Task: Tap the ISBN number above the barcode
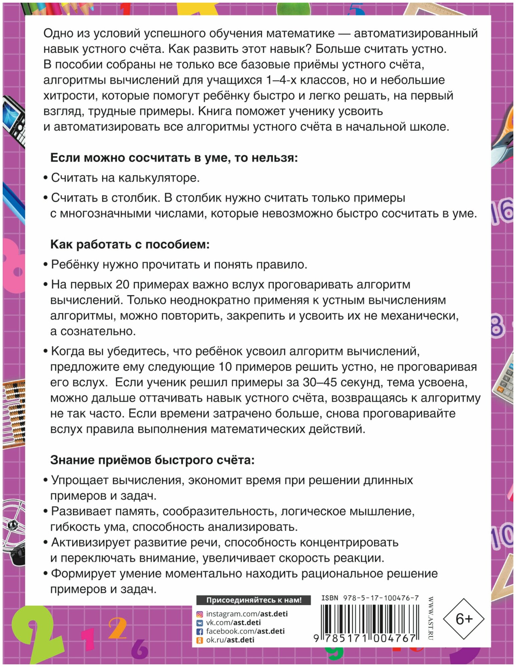point(370,598)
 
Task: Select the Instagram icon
point(199,614)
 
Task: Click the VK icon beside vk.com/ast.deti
point(199,623)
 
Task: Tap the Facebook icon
point(199,631)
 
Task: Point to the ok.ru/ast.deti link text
point(230,640)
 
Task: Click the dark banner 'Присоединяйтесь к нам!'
point(253,600)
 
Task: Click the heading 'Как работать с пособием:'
point(130,244)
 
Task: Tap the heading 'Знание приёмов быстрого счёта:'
point(152,460)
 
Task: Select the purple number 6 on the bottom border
point(139,649)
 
